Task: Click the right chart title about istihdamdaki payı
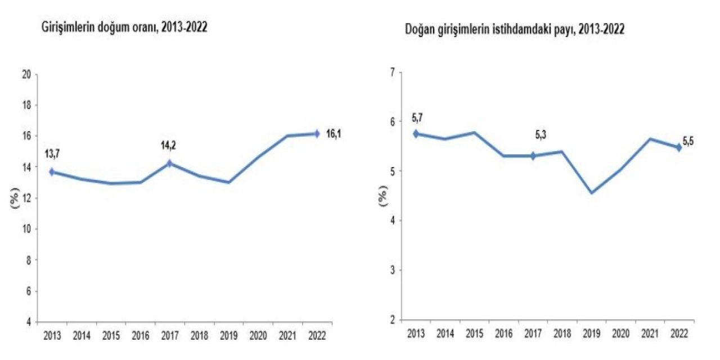(515, 31)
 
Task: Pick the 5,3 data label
(541, 135)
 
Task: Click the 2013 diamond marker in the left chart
(52, 172)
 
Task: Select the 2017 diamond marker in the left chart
(169, 164)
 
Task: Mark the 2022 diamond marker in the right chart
(679, 147)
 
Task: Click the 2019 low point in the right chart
(591, 193)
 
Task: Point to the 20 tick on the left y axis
(25, 74)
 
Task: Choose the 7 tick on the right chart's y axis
(392, 71)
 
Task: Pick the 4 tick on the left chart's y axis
(28, 322)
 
